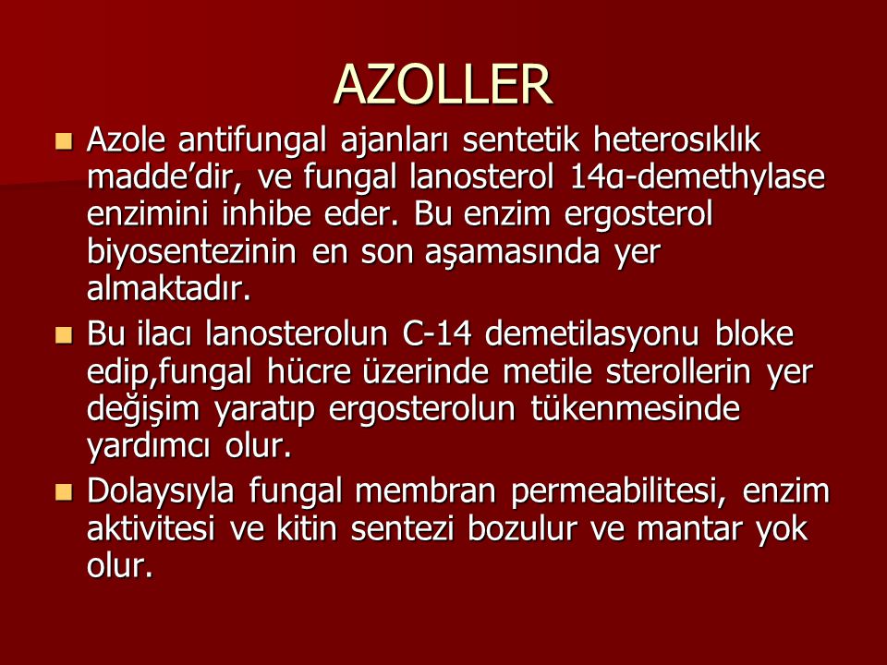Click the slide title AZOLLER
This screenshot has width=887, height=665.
[443, 85]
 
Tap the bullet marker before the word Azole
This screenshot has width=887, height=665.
[64, 140]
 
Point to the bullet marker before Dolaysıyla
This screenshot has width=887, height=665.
[64, 491]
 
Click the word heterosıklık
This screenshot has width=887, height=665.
[676, 139]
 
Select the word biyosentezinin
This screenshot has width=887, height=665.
[191, 252]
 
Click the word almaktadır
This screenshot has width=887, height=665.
[168, 288]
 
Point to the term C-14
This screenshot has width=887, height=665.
[437, 333]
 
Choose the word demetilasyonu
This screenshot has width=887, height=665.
[591, 334]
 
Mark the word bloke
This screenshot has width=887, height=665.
[754, 333]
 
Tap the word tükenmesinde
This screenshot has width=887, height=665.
[636, 409]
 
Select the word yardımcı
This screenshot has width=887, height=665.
[148, 447]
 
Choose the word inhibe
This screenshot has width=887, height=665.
[266, 214]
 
